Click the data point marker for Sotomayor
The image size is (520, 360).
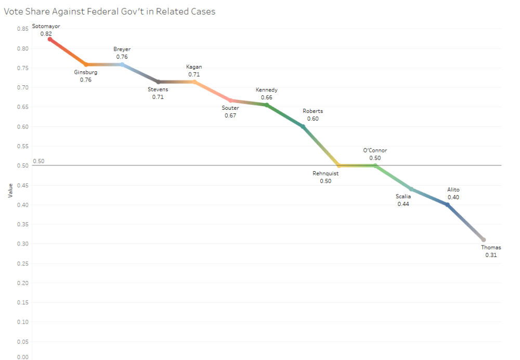click(x=50, y=39)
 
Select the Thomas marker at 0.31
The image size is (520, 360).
click(x=484, y=240)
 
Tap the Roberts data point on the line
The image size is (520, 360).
click(x=303, y=126)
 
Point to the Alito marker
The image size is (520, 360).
click(x=447, y=204)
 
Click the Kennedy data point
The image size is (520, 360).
click(x=267, y=105)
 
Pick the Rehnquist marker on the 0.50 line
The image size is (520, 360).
click(x=339, y=165)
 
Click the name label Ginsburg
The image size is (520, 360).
click(x=86, y=72)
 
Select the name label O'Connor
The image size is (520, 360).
click(x=375, y=150)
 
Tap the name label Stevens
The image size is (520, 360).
click(x=158, y=89)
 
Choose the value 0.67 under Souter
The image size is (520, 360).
click(x=230, y=115)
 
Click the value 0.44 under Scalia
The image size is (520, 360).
click(x=404, y=204)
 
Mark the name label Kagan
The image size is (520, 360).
click(x=194, y=67)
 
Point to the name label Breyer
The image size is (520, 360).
click(x=122, y=49)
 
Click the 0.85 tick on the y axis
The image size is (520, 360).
click(x=22, y=29)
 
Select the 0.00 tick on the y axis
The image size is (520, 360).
click(x=22, y=357)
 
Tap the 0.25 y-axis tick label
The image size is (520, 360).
click(x=22, y=263)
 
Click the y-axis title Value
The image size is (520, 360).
click(x=10, y=189)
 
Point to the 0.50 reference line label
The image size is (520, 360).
click(x=38, y=161)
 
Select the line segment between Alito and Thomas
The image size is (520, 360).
click(x=465, y=222)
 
